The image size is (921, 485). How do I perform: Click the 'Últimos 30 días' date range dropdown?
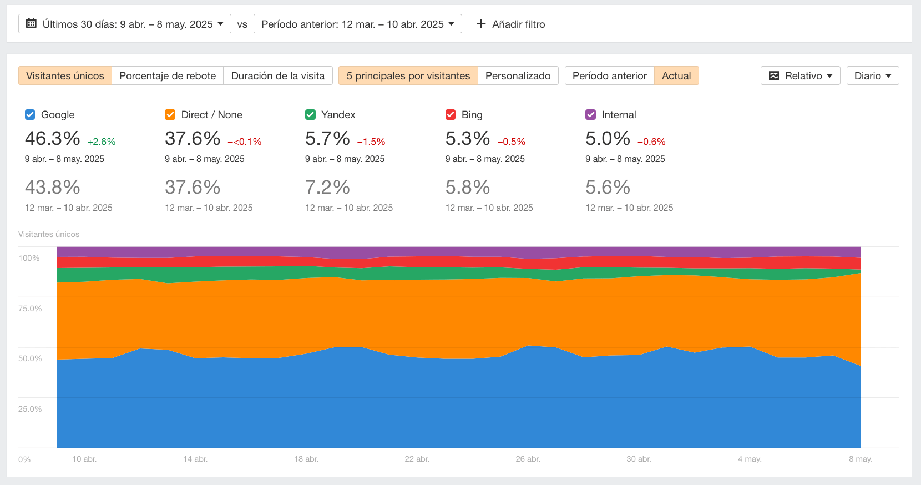click(125, 24)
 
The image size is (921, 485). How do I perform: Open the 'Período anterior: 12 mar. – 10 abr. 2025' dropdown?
click(357, 24)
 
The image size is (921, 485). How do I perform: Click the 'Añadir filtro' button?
click(511, 24)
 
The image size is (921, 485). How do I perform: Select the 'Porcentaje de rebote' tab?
click(168, 76)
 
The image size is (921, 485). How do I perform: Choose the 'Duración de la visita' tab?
click(277, 76)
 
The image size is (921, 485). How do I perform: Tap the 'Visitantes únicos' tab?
click(65, 76)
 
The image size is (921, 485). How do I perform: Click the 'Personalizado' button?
click(518, 76)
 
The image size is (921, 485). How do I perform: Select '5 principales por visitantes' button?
click(408, 76)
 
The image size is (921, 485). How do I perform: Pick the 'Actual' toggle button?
click(676, 76)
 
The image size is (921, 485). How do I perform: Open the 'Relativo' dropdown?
click(800, 76)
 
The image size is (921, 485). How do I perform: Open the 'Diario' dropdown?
click(872, 76)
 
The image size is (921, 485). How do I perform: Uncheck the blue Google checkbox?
click(30, 115)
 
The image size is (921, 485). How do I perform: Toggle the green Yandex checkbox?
click(310, 115)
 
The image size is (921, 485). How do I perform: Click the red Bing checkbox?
click(451, 115)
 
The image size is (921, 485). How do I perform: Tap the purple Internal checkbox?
click(591, 115)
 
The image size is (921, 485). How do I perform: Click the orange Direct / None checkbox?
click(170, 115)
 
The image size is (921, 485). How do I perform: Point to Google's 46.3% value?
click(53, 139)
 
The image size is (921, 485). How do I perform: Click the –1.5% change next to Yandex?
click(371, 142)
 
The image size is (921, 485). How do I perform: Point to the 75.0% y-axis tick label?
click(30, 309)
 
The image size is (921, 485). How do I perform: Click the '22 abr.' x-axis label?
click(417, 459)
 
